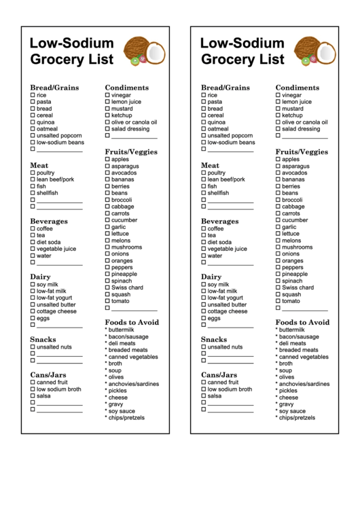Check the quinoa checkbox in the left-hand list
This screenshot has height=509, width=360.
click(33, 122)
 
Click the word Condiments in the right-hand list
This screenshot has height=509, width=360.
click(297, 88)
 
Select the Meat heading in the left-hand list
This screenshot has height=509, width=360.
click(39, 165)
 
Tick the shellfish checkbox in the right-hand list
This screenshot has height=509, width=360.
click(204, 193)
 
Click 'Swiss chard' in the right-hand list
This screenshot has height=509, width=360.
click(298, 287)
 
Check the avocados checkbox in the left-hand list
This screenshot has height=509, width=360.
click(107, 173)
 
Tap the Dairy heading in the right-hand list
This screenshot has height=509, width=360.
click(211, 277)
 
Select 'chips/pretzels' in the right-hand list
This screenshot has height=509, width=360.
click(297, 418)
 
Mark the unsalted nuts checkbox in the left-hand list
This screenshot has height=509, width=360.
click(33, 347)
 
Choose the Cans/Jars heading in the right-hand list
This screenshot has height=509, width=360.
click(219, 374)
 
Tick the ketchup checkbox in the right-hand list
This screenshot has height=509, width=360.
click(278, 116)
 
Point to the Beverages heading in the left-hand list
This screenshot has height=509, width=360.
click(48, 221)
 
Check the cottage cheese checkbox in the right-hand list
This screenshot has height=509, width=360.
click(204, 311)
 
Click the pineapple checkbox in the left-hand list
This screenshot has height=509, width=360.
click(107, 274)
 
